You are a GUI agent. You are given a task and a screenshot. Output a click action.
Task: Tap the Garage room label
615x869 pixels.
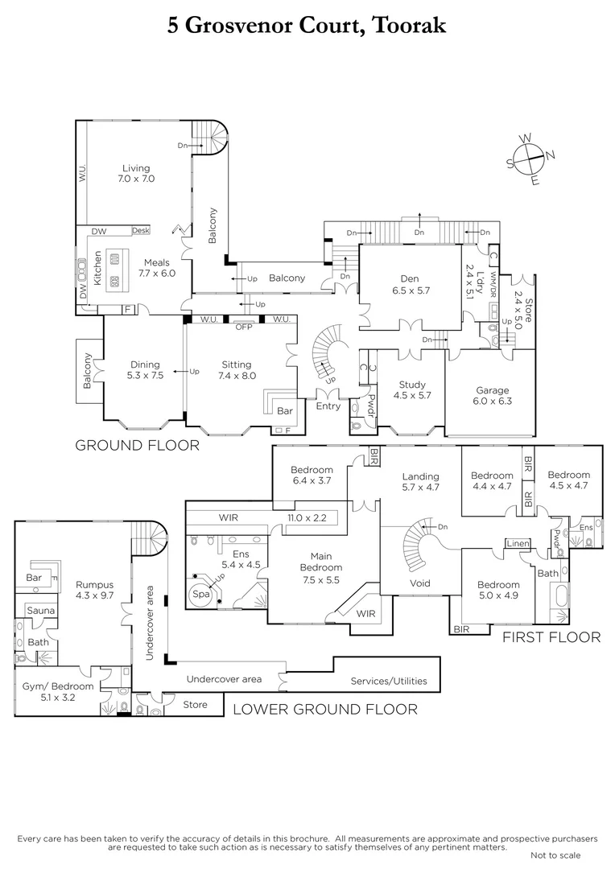(493, 390)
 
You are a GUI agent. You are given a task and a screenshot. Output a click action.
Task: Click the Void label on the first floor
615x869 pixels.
(419, 583)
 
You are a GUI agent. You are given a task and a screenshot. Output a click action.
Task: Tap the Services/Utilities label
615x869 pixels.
(389, 682)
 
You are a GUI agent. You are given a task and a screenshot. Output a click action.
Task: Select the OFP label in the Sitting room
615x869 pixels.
(243, 327)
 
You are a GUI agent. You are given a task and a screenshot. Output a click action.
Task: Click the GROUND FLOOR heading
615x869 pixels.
(137, 445)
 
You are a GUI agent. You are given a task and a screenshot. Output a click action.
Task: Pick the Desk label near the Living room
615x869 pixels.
(140, 230)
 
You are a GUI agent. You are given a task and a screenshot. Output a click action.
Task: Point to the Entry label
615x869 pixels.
(328, 406)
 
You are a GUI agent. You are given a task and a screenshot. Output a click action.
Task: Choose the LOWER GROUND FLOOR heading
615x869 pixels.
(324, 709)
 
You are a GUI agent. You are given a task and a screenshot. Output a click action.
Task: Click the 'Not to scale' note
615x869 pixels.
(555, 855)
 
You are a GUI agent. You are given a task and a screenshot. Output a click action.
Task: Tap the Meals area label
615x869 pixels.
(156, 262)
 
